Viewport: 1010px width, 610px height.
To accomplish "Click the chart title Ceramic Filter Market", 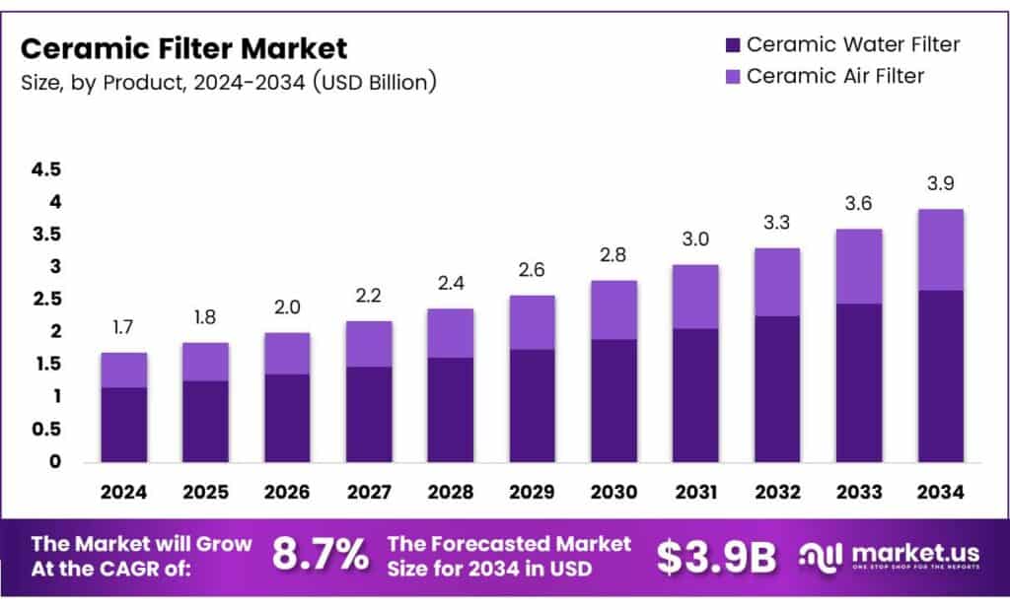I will tap(183, 48).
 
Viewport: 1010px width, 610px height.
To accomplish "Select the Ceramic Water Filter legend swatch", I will tap(732, 45).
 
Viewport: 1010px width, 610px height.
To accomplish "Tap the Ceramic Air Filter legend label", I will tap(834, 76).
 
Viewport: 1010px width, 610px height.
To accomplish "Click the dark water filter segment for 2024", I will tap(123, 425).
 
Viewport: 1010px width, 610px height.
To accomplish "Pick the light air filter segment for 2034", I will tap(940, 249).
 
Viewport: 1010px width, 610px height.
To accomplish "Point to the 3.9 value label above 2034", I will tap(940, 184).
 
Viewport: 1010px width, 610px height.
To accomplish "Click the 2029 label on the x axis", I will tap(532, 491).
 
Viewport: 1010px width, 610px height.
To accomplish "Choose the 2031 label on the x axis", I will tap(694, 491).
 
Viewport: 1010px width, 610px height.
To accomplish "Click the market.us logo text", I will tap(905, 553).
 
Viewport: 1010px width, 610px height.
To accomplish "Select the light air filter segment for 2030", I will tap(613, 309).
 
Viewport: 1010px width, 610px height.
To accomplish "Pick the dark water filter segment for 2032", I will tap(776, 388).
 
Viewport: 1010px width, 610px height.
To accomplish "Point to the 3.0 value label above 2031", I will tap(694, 239).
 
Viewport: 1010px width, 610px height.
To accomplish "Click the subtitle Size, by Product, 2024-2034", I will tap(228, 82).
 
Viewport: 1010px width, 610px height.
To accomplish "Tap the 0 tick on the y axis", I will tap(55, 461).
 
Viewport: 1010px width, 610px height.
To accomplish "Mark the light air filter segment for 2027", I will tap(368, 344).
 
